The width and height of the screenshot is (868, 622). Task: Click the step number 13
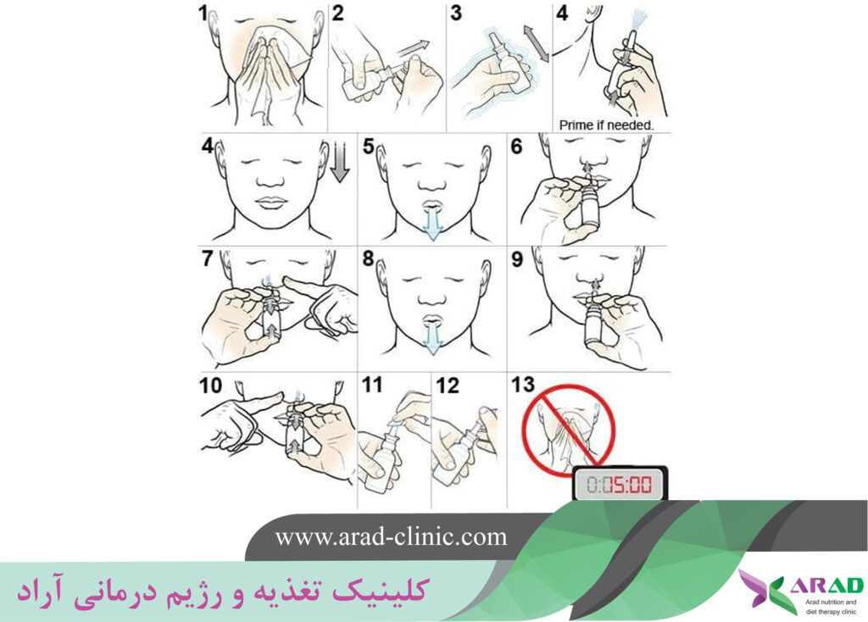pyautogui.click(x=523, y=385)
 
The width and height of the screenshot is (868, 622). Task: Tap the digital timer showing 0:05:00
pyautogui.click(x=620, y=484)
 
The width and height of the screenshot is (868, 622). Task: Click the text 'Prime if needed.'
pyautogui.click(x=606, y=125)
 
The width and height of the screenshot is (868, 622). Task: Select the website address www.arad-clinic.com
pyautogui.click(x=391, y=536)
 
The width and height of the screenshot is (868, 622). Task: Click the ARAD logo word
pyautogui.click(x=826, y=586)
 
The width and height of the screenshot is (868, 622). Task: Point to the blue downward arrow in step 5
pyautogui.click(x=432, y=223)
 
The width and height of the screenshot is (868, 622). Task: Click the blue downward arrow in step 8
pyautogui.click(x=432, y=336)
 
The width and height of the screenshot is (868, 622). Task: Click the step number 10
pyautogui.click(x=210, y=386)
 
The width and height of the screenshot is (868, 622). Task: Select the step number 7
pyautogui.click(x=207, y=258)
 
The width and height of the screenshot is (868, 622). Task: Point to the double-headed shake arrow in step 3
pyautogui.click(x=537, y=42)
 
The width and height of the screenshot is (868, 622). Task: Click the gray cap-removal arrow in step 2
pyautogui.click(x=414, y=47)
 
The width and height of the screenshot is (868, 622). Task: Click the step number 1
pyautogui.click(x=203, y=13)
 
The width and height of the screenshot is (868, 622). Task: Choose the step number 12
pyautogui.click(x=448, y=386)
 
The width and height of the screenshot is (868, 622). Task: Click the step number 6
pyautogui.click(x=516, y=146)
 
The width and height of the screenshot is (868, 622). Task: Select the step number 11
pyautogui.click(x=372, y=385)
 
